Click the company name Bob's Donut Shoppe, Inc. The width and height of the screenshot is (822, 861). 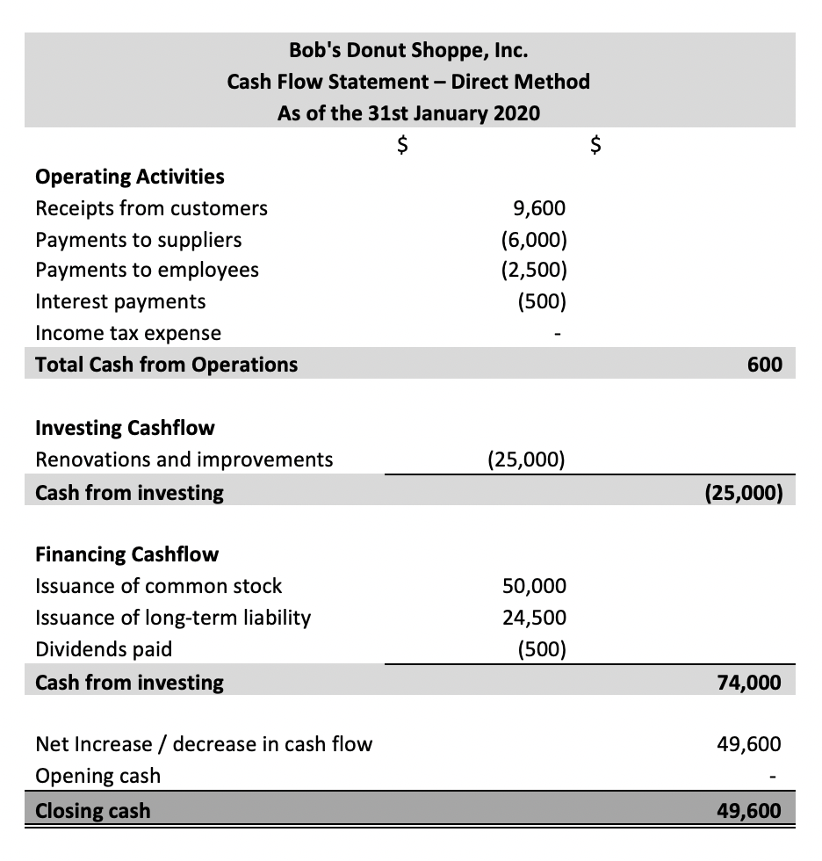[x=408, y=50]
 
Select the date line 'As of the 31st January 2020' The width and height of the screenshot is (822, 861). [x=408, y=113]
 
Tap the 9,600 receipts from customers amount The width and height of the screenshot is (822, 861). [x=537, y=208]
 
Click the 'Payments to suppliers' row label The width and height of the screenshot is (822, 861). [x=138, y=240]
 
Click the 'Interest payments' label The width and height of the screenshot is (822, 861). [x=120, y=301]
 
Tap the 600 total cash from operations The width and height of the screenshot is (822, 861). [x=765, y=364]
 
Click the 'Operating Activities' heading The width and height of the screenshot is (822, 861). [x=129, y=177]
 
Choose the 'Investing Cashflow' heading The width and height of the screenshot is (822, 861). [x=125, y=428]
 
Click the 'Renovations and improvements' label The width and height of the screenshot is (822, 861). [x=184, y=459]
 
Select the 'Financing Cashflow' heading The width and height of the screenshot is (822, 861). [x=126, y=554]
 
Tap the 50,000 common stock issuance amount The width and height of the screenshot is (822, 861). [x=534, y=586]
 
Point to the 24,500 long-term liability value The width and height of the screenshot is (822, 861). [x=534, y=618]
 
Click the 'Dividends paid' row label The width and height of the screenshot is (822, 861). [x=103, y=649]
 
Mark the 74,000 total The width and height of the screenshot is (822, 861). [x=749, y=682]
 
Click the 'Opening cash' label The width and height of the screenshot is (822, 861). [x=97, y=776]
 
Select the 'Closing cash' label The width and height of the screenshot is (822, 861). [x=92, y=810]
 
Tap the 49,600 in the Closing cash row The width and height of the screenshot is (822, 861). [x=748, y=810]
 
